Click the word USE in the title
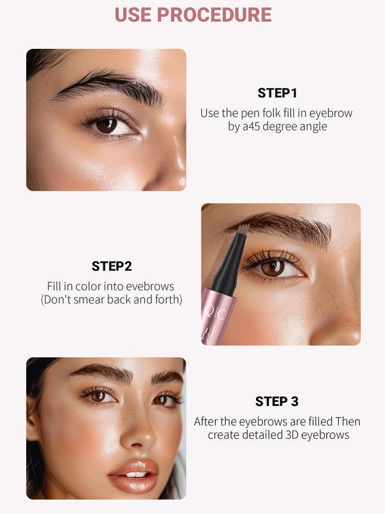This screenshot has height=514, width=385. [136, 14]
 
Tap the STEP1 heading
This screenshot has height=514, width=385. [277, 93]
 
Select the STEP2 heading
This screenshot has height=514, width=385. [111, 266]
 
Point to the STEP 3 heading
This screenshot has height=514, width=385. [277, 401]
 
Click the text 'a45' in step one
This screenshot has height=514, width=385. [250, 127]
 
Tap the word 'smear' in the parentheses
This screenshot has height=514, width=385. [96, 299]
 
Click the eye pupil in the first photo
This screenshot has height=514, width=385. [107, 125]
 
